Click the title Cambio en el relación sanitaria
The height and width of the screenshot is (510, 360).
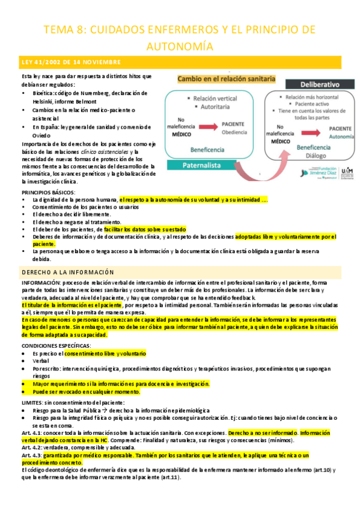click(226, 79)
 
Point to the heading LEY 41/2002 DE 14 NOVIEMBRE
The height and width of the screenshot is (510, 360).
click(72, 63)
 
